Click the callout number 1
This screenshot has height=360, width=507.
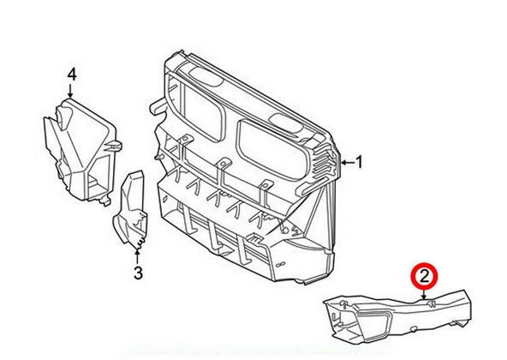pyautogui.click(x=359, y=162)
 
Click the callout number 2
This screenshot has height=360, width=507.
pyautogui.click(x=424, y=277)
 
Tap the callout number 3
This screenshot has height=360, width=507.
pyautogui.click(x=138, y=273)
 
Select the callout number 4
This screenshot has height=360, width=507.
pyautogui.click(x=72, y=75)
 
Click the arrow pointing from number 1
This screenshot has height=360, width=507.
pyautogui.click(x=348, y=162)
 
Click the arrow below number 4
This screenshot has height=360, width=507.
pyautogui.click(x=71, y=90)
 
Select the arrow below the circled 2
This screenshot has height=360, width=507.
pyautogui.click(x=424, y=294)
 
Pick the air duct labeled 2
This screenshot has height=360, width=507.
pyautogui.click(x=397, y=315)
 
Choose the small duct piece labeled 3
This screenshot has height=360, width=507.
pyautogui.click(x=131, y=211)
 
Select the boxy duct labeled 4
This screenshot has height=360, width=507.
pyautogui.click(x=81, y=151)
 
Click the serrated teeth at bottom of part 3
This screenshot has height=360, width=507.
pyautogui.click(x=140, y=244)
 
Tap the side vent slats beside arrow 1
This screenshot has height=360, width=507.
pyautogui.click(x=325, y=162)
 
